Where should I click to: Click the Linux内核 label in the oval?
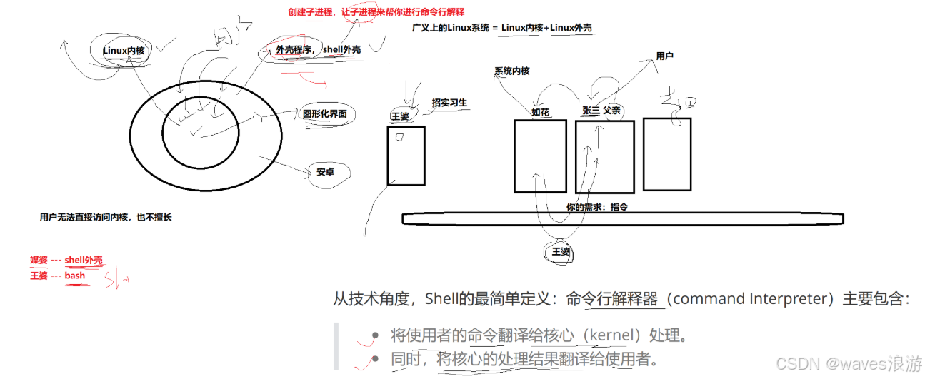point(123,50)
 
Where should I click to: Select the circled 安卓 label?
point(325,172)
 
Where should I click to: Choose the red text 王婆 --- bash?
point(57,276)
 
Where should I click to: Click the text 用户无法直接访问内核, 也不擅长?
point(106,218)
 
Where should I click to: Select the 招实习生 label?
point(449,103)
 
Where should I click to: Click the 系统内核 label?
point(511,71)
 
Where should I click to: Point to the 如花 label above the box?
point(540,112)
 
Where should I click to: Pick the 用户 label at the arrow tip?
point(665,56)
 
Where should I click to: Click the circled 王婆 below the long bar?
point(561,253)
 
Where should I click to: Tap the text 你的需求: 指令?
point(596,207)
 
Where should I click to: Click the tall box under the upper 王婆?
point(406,156)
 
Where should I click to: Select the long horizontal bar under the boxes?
point(622,218)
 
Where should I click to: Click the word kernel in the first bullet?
point(613,335)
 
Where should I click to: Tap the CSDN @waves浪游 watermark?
point(849,363)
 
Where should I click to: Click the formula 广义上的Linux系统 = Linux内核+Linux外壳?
point(502,28)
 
